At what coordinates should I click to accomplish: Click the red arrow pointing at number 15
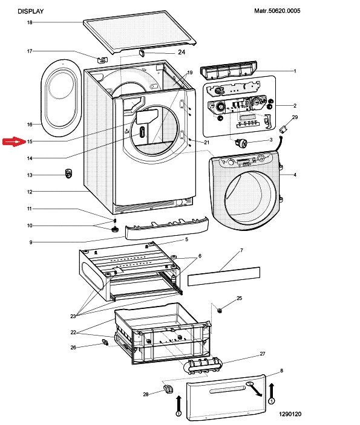click(x=13, y=141)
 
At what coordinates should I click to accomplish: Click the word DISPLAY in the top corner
click(x=31, y=11)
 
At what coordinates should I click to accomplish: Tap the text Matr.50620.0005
click(x=277, y=11)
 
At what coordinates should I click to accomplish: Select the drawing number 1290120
click(x=290, y=414)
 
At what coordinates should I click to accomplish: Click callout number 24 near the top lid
click(x=182, y=52)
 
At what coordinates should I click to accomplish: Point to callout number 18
click(x=30, y=22)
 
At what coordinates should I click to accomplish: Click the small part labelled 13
click(x=68, y=173)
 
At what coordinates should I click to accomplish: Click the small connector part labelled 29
click(x=284, y=129)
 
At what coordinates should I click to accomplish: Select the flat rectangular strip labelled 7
click(x=224, y=276)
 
